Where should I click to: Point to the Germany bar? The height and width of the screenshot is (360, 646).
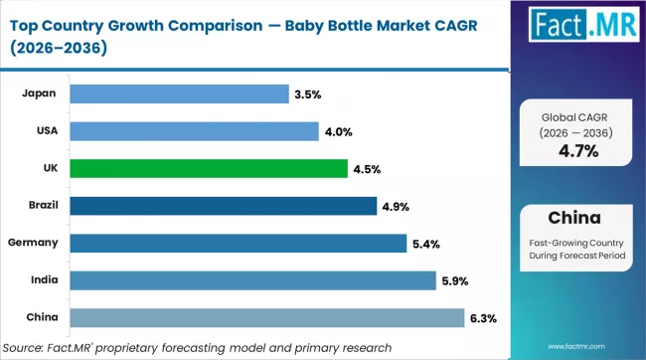[x=241, y=243]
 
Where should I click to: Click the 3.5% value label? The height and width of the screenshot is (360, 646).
[x=306, y=94]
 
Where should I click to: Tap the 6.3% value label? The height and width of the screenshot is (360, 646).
[x=484, y=317]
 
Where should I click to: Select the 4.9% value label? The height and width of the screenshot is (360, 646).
[x=395, y=206]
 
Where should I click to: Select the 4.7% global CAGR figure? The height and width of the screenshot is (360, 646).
[x=576, y=152]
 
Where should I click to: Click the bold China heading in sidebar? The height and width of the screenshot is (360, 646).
[x=576, y=218]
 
